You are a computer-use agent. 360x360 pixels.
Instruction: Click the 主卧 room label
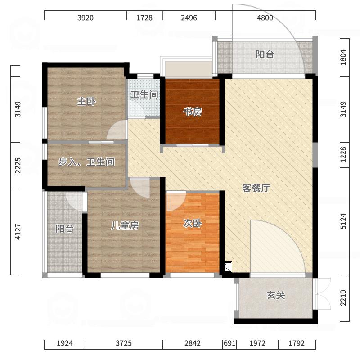86,102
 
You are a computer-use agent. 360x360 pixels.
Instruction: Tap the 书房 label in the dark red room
192,112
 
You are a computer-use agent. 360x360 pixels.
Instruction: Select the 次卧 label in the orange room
192,223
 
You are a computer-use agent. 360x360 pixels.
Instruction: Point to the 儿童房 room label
125,226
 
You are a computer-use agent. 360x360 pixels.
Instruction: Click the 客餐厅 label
256,189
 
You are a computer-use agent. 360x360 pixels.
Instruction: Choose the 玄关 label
276,296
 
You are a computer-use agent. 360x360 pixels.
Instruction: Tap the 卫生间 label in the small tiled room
144,95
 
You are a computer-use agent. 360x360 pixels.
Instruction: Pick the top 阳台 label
265,55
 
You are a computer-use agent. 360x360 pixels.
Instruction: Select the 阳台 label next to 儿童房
64,229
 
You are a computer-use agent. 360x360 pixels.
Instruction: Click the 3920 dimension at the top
85,18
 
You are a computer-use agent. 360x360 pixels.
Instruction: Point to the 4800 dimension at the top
265,18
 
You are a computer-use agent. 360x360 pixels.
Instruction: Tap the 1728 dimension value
144,18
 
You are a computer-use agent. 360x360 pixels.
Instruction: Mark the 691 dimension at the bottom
229,343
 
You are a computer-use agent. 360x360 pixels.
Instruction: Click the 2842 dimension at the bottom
192,343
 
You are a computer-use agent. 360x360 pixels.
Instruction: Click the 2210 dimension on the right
344,298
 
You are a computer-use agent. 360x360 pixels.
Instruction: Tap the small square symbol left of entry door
228,267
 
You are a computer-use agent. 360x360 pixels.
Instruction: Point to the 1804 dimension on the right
344,58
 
